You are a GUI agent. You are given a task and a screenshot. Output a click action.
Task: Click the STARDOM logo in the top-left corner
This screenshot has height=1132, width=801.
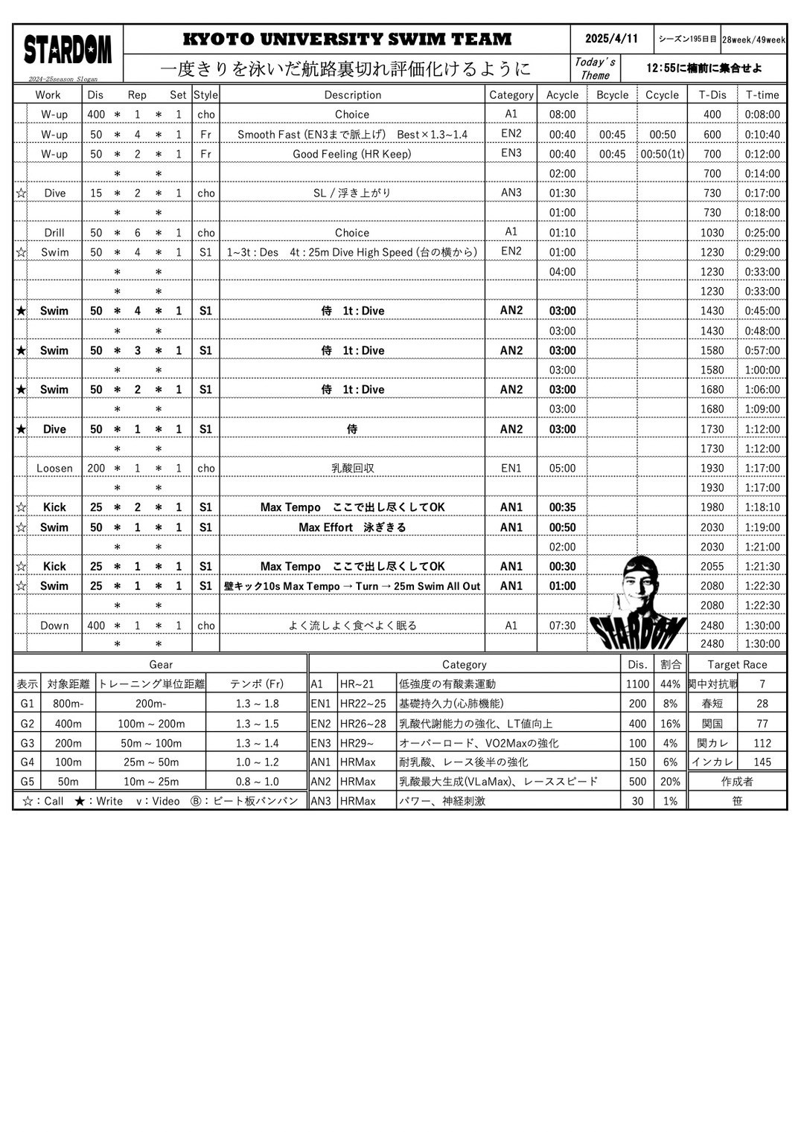68,51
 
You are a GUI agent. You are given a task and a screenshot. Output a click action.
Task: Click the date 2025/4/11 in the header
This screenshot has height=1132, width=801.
611,39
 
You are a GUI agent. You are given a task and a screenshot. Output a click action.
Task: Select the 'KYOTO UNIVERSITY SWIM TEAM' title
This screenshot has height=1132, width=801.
347,39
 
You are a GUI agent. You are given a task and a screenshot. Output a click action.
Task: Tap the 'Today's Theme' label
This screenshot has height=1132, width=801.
595,68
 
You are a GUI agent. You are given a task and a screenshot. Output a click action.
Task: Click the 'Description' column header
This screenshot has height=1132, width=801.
352,94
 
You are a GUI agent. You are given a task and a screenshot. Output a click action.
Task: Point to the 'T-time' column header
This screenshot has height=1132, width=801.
762,94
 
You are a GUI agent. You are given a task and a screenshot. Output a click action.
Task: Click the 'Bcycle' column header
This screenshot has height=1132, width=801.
612,94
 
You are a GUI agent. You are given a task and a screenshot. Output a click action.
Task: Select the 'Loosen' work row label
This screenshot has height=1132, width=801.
54,468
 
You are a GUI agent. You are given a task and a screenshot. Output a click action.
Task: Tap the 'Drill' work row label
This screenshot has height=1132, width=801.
54,232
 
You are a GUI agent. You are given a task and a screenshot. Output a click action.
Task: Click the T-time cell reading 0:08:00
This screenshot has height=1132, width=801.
762,115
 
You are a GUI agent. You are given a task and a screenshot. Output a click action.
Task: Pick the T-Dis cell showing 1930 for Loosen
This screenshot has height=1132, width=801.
712,468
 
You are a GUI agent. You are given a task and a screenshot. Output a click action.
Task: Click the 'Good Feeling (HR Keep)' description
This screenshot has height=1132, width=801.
351,154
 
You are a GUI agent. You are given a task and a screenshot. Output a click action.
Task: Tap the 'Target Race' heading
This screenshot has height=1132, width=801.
737,664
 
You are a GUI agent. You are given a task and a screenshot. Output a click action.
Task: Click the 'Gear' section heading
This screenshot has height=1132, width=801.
161,664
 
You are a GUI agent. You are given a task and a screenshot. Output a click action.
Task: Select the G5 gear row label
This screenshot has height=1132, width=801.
27,781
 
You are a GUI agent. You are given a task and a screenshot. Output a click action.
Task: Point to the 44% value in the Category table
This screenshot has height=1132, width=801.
670,684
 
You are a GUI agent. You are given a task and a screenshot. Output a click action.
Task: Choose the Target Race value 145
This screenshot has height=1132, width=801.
762,762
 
